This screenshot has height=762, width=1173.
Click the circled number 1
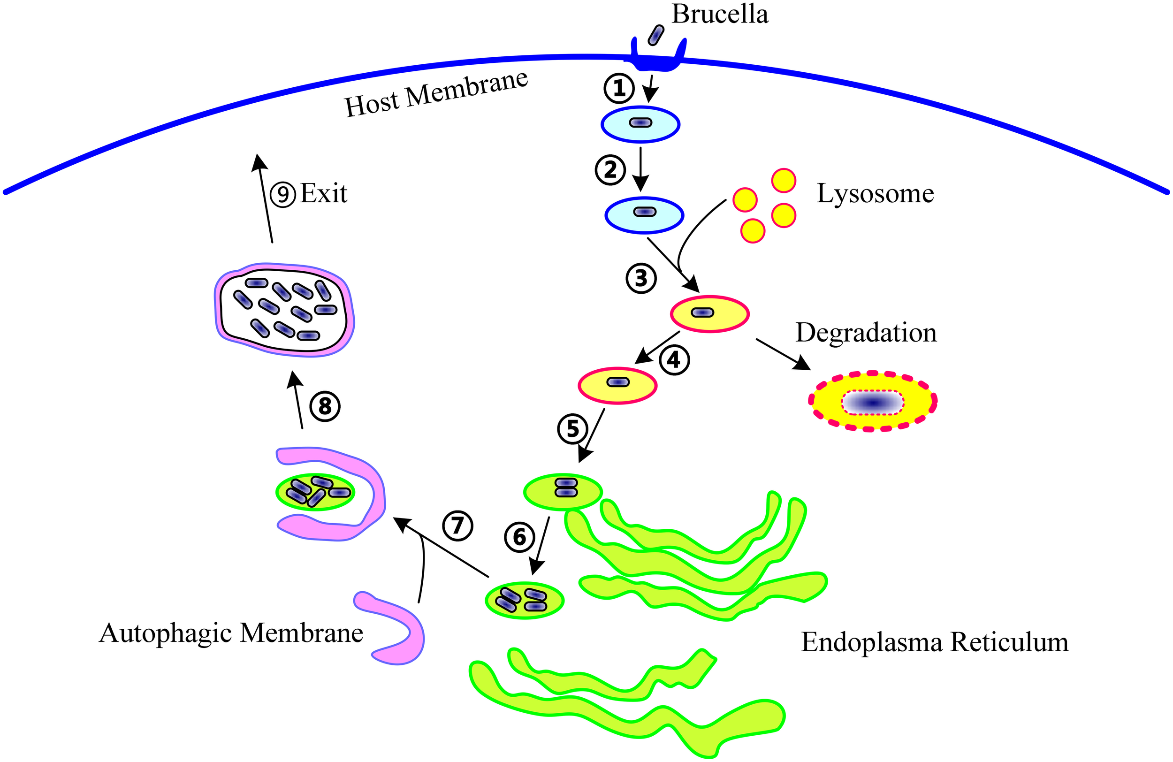618,88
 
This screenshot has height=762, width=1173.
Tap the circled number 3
641,279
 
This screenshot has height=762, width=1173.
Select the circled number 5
572,428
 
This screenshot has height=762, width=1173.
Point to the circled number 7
457,526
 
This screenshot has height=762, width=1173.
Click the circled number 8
325,406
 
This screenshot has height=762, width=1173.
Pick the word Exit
324,193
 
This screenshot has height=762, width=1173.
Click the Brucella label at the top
720,14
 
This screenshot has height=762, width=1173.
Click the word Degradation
866,333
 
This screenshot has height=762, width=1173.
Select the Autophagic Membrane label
231,633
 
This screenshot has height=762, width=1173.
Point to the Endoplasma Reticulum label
935,642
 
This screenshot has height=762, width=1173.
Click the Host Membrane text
436,94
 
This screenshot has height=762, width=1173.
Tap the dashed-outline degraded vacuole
872,402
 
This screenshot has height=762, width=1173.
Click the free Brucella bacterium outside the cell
656,36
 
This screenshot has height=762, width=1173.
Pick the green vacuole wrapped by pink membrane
315,492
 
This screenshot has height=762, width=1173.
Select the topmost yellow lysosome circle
783,180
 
